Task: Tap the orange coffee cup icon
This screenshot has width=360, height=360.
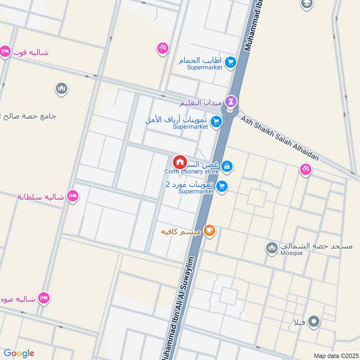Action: pyautogui.click(x=209, y=230)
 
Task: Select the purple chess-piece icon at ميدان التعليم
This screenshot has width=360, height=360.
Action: pyautogui.click(x=232, y=101)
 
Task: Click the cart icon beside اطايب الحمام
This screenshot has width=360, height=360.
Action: pyautogui.click(x=231, y=63)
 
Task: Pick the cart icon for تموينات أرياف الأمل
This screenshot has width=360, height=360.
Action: pyautogui.click(x=216, y=121)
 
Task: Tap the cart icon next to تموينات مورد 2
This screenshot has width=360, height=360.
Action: pyautogui.click(x=221, y=186)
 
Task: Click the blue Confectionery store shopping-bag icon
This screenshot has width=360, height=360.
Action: pyautogui.click(x=227, y=166)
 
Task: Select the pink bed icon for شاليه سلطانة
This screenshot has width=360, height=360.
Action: pyautogui.click(x=72, y=196)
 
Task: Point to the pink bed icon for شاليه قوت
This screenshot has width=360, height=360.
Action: pyautogui.click(x=5, y=52)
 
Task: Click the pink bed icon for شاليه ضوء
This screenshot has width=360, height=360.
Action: pyautogui.click(x=44, y=297)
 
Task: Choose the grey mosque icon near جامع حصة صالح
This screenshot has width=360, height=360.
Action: pyautogui.click(x=62, y=88)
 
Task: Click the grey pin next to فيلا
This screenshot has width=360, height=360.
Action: pyautogui.click(x=315, y=322)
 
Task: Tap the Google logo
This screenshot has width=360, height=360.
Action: pyautogui.click(x=19, y=353)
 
